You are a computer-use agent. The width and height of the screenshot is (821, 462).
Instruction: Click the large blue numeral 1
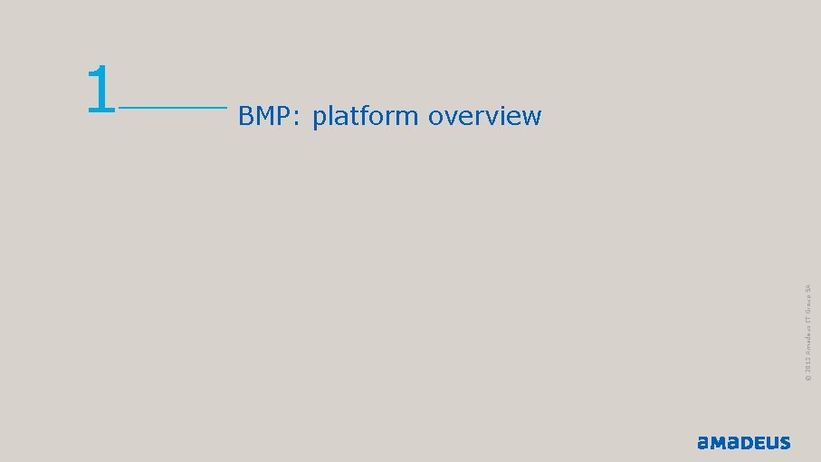tap(101, 91)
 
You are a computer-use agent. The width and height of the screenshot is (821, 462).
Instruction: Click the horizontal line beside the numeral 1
tap(172, 107)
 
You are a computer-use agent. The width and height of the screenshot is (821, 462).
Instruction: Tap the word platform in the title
tap(366, 117)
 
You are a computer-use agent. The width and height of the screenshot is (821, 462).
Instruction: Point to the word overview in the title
tap(485, 117)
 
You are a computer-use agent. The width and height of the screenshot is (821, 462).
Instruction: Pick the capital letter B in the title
tap(245, 116)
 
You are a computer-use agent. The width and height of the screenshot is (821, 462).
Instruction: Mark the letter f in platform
tap(369, 115)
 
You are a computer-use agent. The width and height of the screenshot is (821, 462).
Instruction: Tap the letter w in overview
tap(531, 118)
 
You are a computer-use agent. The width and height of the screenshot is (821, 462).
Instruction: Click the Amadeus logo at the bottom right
tap(743, 443)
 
